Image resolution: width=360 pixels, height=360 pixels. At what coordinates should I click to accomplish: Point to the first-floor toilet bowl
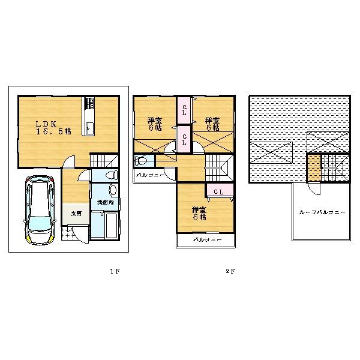click(x=109, y=176)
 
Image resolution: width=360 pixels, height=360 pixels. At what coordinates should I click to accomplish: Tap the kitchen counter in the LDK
click(x=89, y=117)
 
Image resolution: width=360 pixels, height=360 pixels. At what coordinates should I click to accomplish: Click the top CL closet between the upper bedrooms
click(x=184, y=110)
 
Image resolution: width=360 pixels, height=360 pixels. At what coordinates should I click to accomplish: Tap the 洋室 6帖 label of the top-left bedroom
click(x=154, y=124)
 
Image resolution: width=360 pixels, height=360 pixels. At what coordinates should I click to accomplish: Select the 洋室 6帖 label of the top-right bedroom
click(x=212, y=124)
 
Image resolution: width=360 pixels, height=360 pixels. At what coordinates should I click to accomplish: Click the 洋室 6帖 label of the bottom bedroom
click(x=199, y=214)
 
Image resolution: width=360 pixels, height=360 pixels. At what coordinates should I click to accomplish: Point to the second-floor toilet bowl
click(x=141, y=160)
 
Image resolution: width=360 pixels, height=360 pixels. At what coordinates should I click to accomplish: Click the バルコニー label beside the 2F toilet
click(x=148, y=175)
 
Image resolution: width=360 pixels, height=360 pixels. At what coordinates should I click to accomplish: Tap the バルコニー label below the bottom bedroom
click(x=207, y=240)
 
